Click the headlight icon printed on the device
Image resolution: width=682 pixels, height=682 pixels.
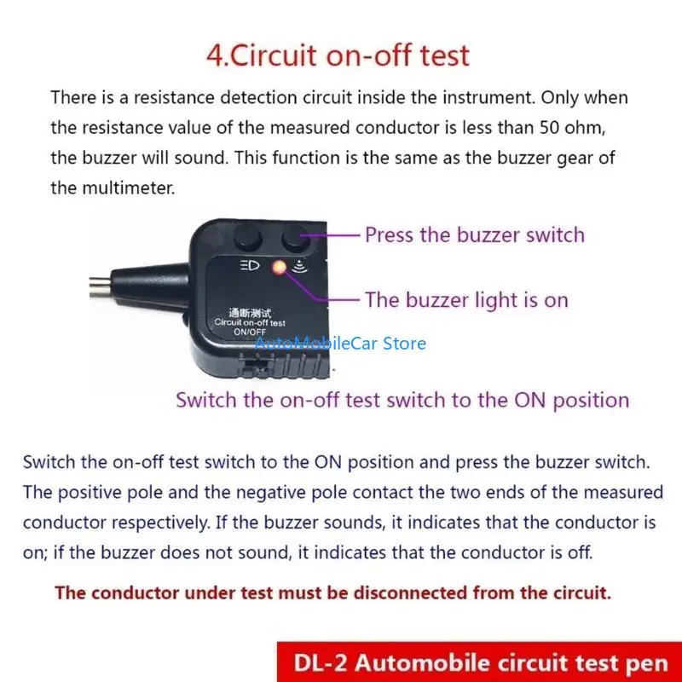251,265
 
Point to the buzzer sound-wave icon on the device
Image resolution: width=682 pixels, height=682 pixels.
298,266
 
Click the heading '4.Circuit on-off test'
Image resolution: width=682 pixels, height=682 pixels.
338,55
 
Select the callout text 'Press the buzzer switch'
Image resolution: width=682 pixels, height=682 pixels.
475,234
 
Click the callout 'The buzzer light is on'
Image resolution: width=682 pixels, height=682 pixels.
466,299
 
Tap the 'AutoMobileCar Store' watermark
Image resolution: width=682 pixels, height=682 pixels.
340,344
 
